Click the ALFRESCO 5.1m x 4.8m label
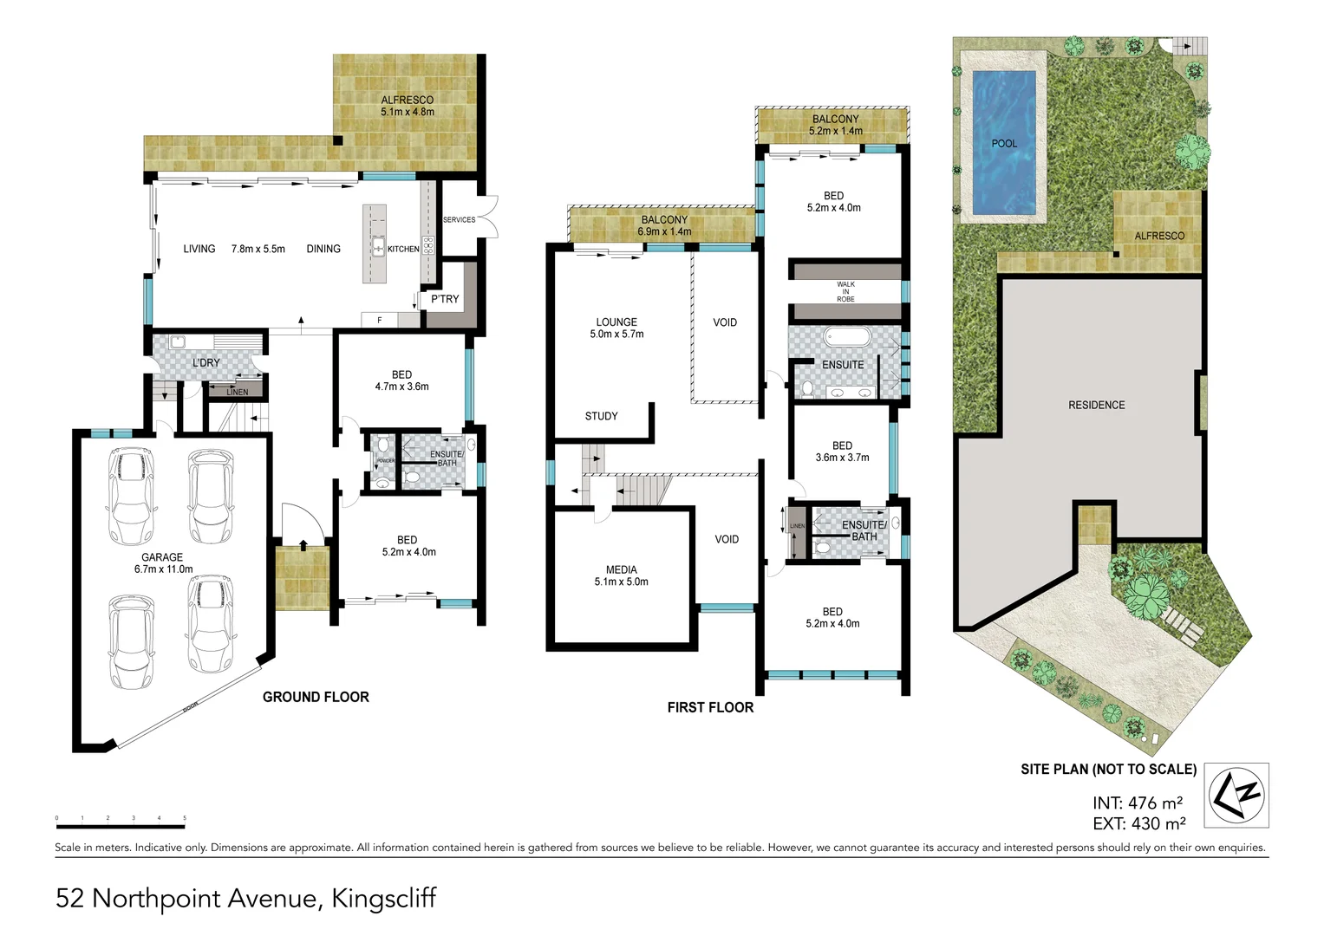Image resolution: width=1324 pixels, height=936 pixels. click(x=407, y=106)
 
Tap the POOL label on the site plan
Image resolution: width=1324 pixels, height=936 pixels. click(x=1004, y=144)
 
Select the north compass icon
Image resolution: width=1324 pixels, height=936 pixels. click(x=1238, y=794)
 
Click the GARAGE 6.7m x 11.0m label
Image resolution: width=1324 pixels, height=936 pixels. click(x=163, y=563)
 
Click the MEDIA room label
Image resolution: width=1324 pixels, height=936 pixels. click(x=621, y=575)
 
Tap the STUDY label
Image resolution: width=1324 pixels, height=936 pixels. click(x=601, y=416)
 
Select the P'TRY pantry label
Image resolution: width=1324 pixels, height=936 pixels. click(x=445, y=299)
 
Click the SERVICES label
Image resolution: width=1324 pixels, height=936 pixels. click(x=459, y=220)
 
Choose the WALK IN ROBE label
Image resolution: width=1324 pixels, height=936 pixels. click(x=845, y=291)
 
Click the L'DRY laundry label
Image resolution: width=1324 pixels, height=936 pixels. click(x=205, y=362)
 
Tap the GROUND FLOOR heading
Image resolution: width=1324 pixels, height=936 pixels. click(x=316, y=697)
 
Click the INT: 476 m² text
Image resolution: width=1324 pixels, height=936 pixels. click(x=1137, y=803)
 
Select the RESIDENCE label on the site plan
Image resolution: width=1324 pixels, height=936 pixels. click(x=1096, y=405)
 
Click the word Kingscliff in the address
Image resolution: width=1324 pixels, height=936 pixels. click(x=384, y=898)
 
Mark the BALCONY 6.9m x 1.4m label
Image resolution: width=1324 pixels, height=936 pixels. click(x=664, y=225)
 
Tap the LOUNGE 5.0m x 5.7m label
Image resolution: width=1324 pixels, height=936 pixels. click(x=616, y=328)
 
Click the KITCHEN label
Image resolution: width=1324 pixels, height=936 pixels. click(x=403, y=250)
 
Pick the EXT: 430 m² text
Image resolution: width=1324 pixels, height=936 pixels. click(x=1138, y=824)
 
